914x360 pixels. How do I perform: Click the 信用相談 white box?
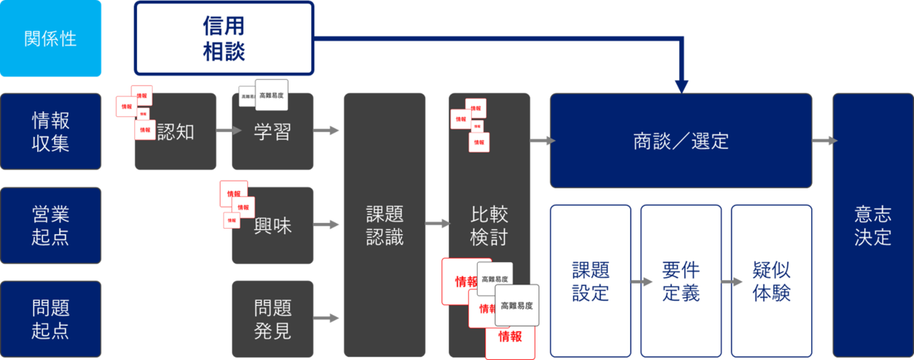(224, 39)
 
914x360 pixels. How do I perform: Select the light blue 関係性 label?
(50, 39)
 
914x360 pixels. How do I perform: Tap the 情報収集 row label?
(50, 131)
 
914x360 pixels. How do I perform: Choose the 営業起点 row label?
(50, 225)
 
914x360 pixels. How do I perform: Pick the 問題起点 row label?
(50, 319)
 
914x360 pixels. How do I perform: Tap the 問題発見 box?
(272, 319)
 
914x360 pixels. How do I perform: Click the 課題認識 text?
(385, 225)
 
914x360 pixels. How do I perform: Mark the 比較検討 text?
(489, 225)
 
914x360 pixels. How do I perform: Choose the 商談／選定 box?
(681, 141)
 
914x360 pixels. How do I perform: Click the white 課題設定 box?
(591, 281)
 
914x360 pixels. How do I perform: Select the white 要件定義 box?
(681, 281)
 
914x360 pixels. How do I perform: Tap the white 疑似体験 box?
(771, 281)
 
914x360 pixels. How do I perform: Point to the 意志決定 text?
(873, 225)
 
